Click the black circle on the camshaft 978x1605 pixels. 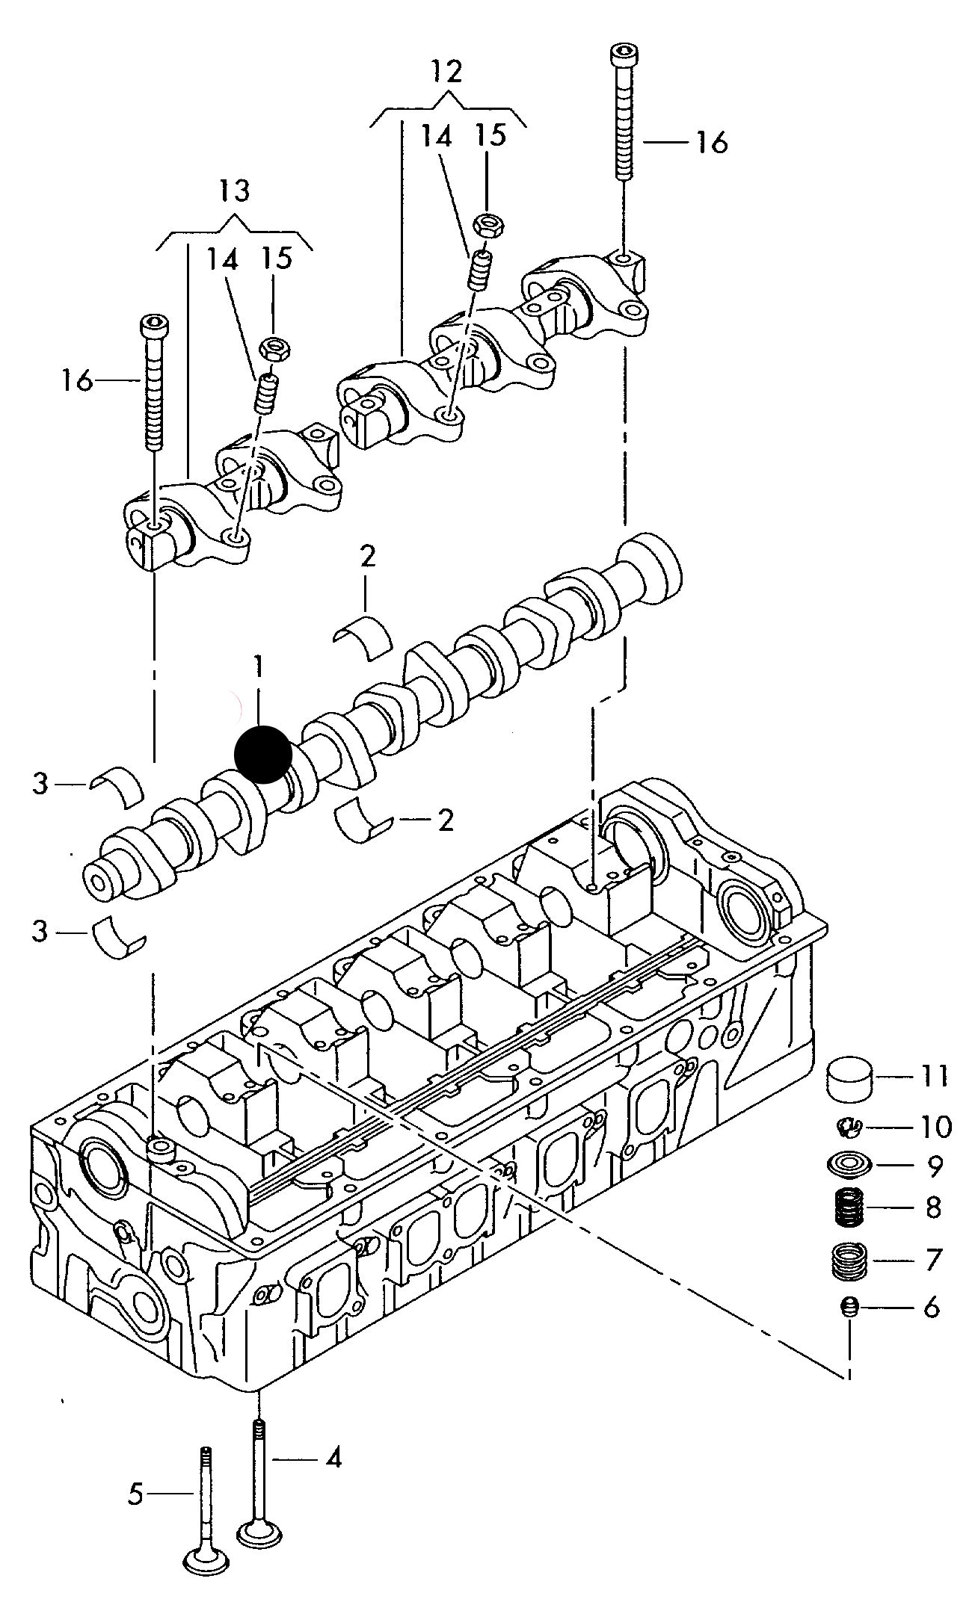coord(262,754)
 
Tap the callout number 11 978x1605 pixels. coord(933,1077)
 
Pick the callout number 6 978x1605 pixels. coord(931,1308)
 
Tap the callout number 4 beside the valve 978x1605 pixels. coord(333,1458)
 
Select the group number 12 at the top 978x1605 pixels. coord(446,72)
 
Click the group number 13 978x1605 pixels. coord(234,191)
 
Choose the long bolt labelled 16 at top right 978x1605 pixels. coord(624,112)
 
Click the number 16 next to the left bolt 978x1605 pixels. coord(77,381)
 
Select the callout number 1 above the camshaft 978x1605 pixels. coord(258,667)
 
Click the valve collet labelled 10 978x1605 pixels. coord(849,1126)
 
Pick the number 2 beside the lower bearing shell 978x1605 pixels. coord(445,820)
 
